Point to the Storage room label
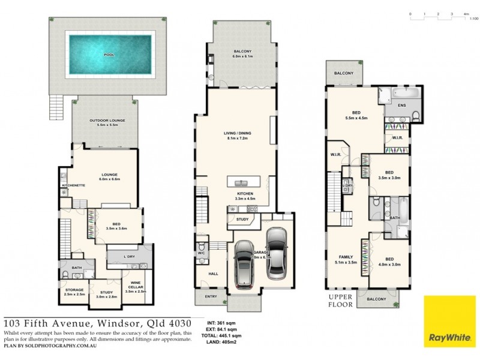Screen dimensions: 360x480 point(74,292)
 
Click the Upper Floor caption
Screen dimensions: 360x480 point(343,300)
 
